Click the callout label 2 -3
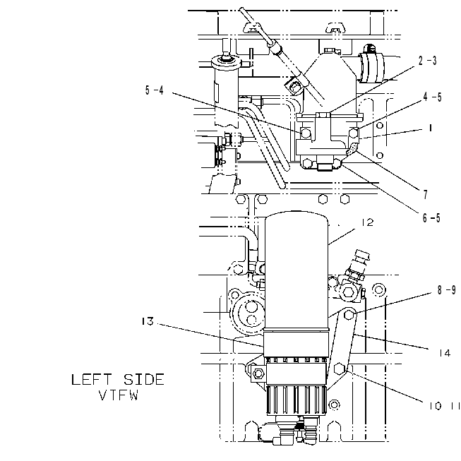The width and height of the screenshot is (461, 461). click(428, 61)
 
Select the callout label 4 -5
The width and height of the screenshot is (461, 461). click(433, 97)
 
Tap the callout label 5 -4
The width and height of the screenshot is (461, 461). click(155, 90)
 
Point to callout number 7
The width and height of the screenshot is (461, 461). click(426, 194)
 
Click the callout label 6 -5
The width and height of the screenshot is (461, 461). click(431, 218)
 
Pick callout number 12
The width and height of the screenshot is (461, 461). click(367, 222)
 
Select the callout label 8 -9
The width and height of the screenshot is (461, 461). click(447, 290)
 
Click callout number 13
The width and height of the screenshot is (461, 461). click(148, 321)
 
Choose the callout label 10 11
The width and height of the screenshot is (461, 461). click(445, 406)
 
